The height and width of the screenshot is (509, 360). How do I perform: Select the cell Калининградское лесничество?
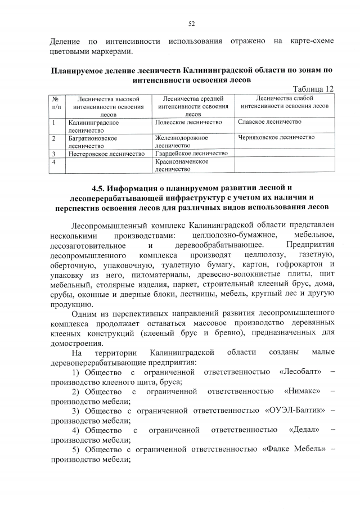coord(92,125)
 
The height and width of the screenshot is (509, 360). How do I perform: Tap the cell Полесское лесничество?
coord(188,122)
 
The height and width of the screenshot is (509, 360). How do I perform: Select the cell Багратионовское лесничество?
coord(92,141)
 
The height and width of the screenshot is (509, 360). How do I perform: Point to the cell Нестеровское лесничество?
coord(106,153)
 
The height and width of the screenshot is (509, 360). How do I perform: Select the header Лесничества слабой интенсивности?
coord(284,102)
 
